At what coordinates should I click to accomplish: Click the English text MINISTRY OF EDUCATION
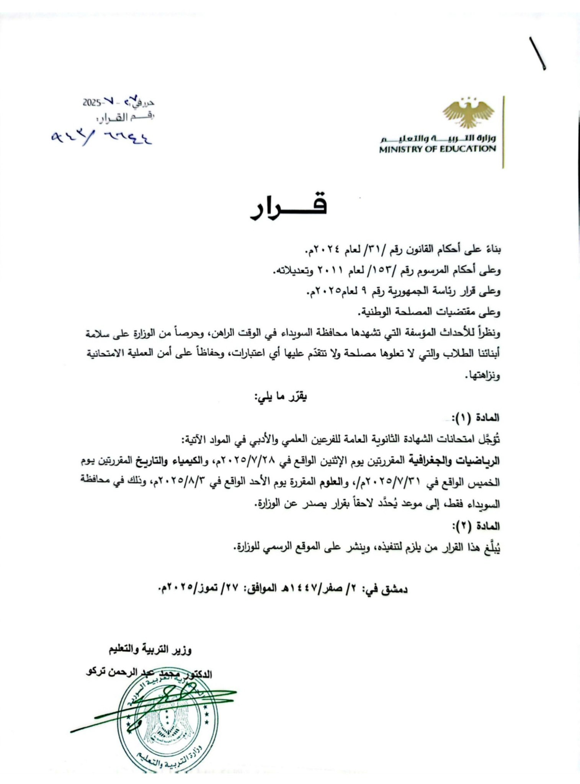pos(437,149)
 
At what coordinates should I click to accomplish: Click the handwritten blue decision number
pos(102,137)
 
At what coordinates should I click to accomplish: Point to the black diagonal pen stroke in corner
pos(538,54)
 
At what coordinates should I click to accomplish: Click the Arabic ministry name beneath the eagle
pos(437,138)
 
